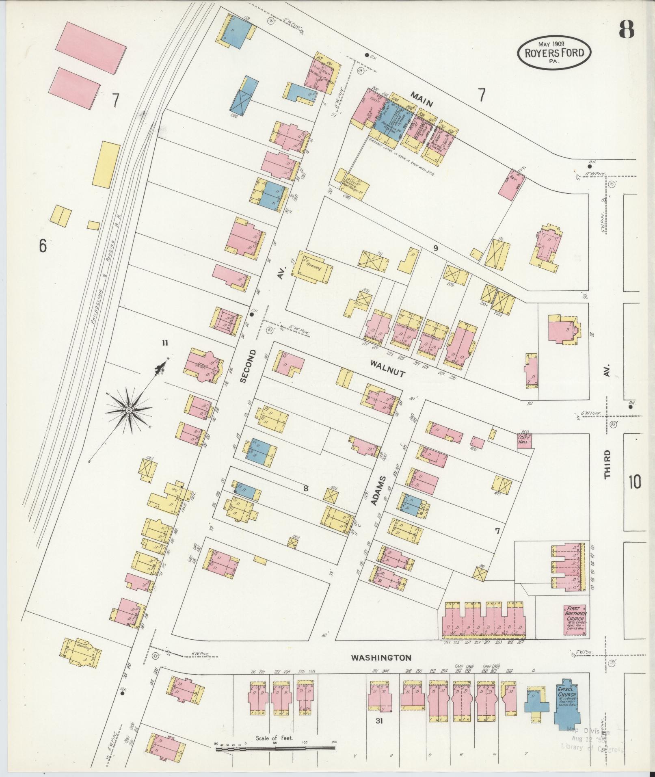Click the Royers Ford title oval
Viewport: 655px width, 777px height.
(554, 52)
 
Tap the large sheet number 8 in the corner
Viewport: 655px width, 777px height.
(627, 29)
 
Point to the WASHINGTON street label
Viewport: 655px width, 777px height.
(381, 657)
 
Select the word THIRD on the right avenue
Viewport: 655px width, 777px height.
(607, 464)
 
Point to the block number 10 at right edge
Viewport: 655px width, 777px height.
(635, 482)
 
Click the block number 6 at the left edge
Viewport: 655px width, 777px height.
(43, 245)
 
